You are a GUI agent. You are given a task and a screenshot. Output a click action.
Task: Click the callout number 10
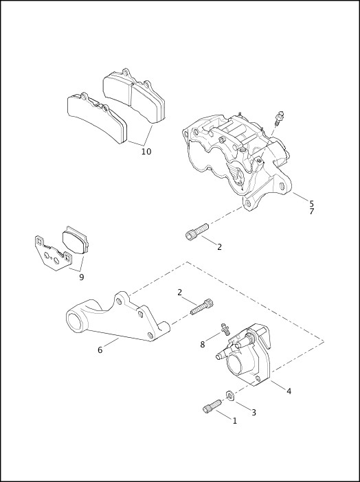[146, 151]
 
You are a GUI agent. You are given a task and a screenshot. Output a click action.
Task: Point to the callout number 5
[311, 203]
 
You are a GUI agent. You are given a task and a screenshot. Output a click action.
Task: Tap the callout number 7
[311, 211]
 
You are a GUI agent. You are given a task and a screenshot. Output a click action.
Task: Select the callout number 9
[81, 277]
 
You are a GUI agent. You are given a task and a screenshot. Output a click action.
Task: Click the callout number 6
[100, 349]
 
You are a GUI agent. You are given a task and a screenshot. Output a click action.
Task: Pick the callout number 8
[202, 344]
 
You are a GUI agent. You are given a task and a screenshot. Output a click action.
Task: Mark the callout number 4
[289, 391]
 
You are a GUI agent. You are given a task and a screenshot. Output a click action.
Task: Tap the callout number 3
[253, 412]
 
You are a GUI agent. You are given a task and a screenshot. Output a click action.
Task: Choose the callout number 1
[234, 420]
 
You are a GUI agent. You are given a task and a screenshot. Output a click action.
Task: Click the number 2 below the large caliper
[219, 246]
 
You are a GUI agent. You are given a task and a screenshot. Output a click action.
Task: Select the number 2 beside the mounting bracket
[180, 292]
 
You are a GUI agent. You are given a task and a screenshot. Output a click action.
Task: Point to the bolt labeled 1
[209, 408]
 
